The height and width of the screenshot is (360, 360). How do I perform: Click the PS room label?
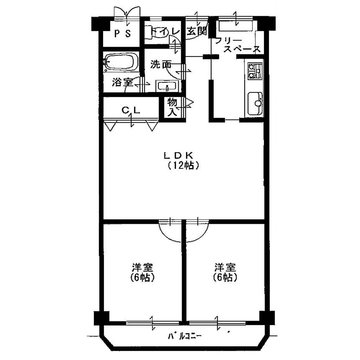click(123, 34)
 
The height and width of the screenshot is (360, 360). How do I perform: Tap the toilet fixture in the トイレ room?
click(153, 32)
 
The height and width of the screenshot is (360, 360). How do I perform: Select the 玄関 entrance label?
click(197, 31)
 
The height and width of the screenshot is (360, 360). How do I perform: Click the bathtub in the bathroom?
click(121, 61)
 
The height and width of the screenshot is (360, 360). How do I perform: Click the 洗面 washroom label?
click(161, 65)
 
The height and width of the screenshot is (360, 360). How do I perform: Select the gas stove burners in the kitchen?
click(255, 71)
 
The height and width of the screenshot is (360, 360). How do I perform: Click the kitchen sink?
click(255, 104)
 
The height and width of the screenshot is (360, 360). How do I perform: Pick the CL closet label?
click(131, 110)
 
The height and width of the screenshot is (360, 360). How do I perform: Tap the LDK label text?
click(178, 155)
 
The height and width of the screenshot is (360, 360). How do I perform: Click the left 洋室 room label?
click(142, 267)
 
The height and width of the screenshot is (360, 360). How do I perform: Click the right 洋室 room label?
click(225, 267)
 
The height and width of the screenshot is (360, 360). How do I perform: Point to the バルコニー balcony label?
click(185, 336)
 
